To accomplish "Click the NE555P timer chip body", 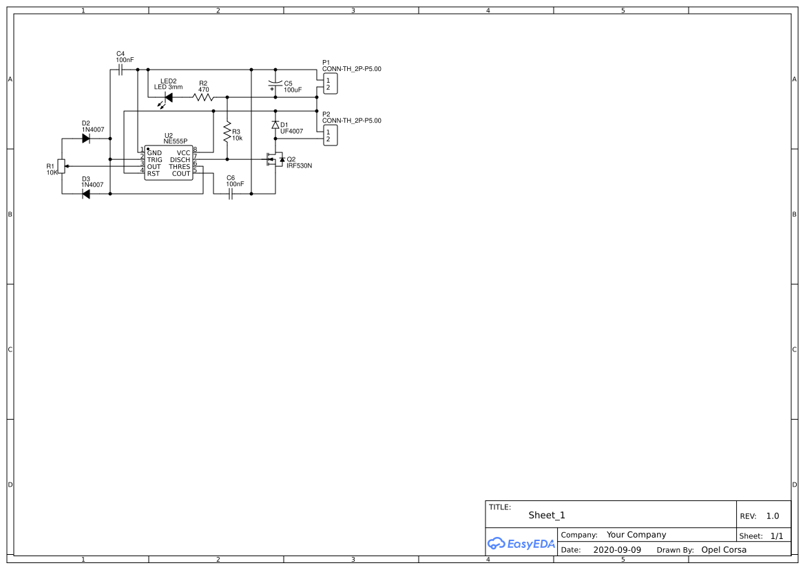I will pyautogui.click(x=169, y=163).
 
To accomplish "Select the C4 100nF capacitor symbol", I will pyautogui.click(x=121, y=70).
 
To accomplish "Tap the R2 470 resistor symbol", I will pyautogui.click(x=203, y=97).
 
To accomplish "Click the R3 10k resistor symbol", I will pyautogui.click(x=227, y=131).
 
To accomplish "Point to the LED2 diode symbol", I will pyautogui.click(x=167, y=98).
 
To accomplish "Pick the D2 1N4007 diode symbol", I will pyautogui.click(x=86, y=139).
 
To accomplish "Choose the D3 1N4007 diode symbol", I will pyautogui.click(x=86, y=194).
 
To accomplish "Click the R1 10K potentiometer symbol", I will pyautogui.click(x=61, y=166).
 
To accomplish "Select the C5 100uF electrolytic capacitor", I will pyautogui.click(x=275, y=84).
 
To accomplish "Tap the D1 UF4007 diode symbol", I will pyautogui.click(x=275, y=125).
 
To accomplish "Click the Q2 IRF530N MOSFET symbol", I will pyautogui.click(x=275, y=160).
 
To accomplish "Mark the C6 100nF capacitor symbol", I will pyautogui.click(x=231, y=194).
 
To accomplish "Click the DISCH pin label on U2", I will pyautogui.click(x=180, y=160).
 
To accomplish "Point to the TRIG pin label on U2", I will pyautogui.click(x=154, y=160).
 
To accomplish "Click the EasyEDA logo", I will pyautogui.click(x=521, y=543).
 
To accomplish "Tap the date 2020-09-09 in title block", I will pyautogui.click(x=616, y=550).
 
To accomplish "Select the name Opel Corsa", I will pyautogui.click(x=723, y=550).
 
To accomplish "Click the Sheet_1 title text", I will pyautogui.click(x=547, y=516).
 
